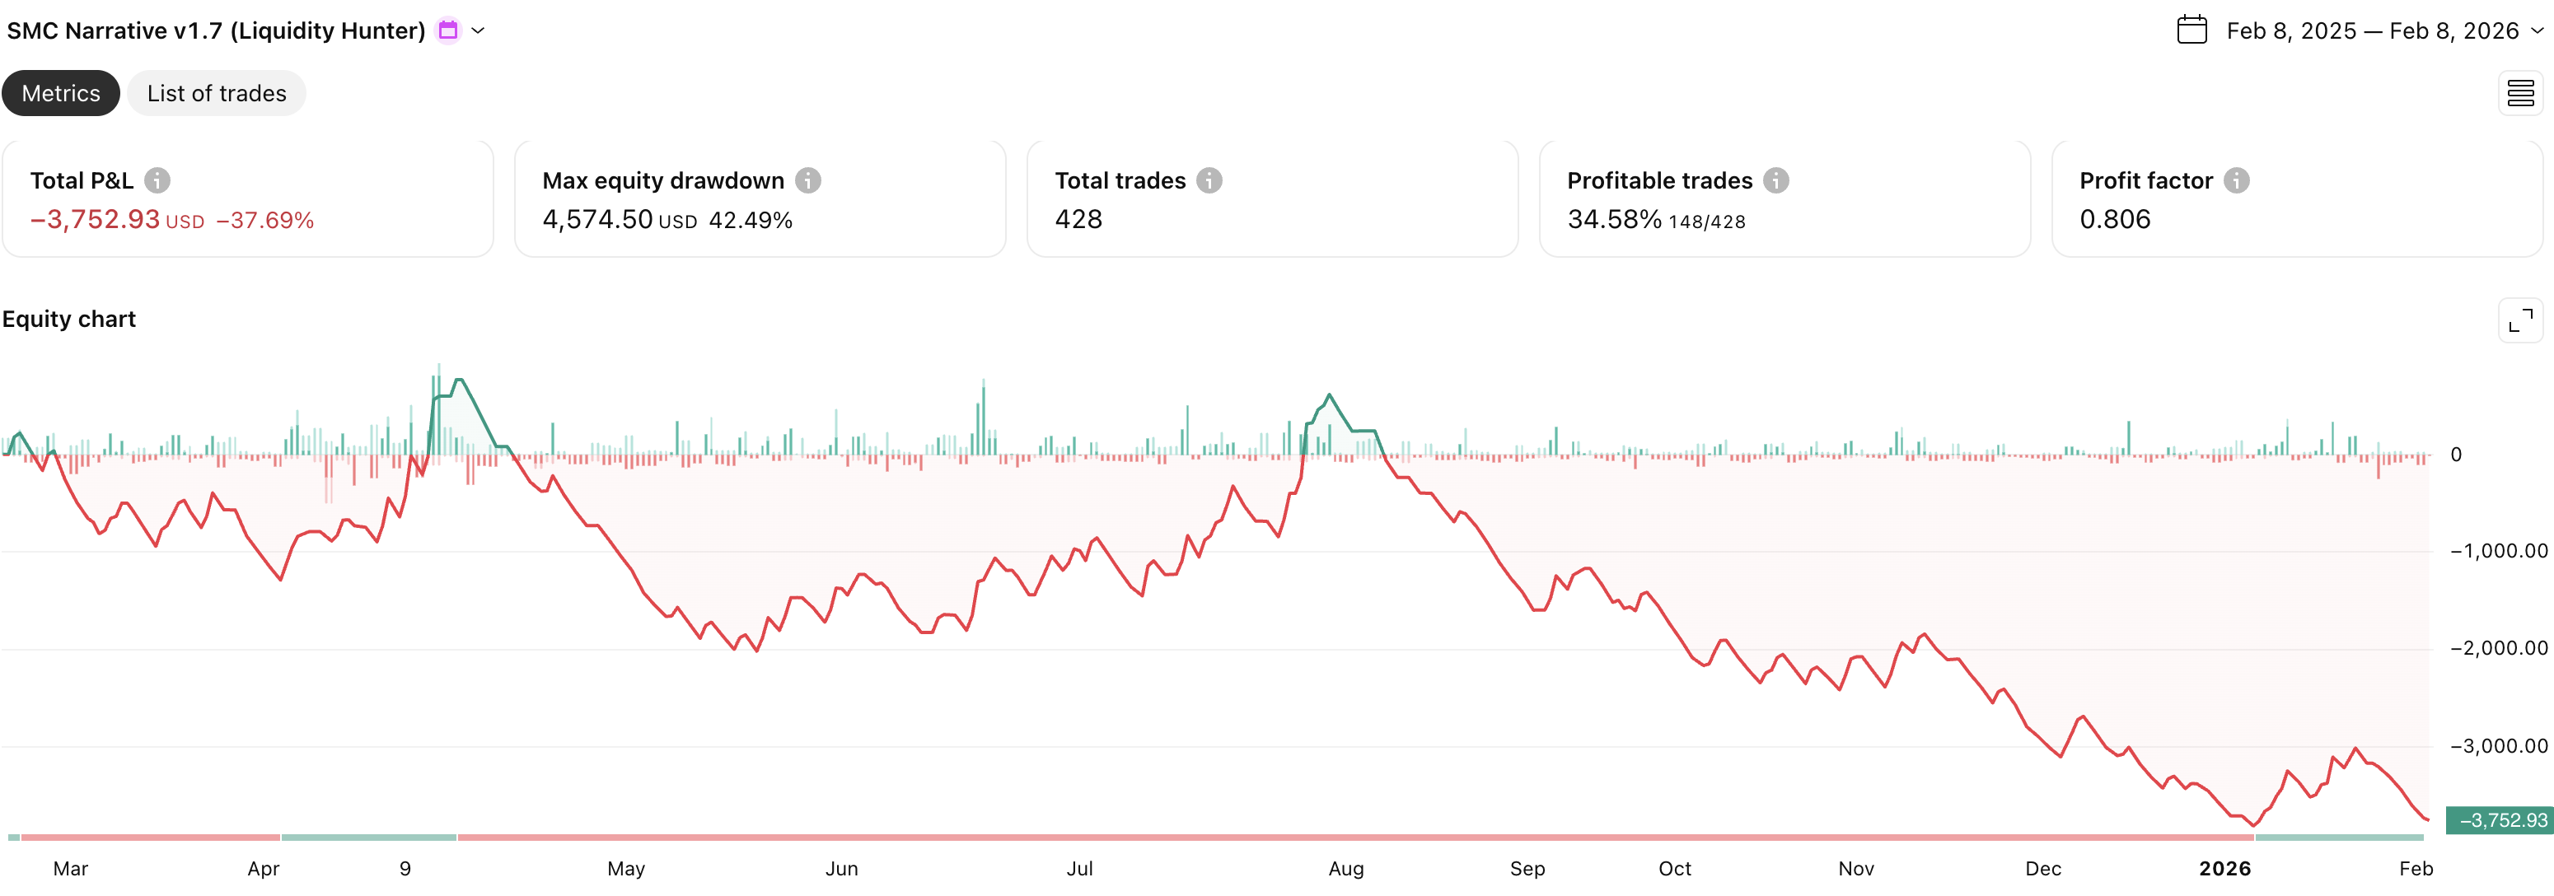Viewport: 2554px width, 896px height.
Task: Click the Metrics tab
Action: coord(60,93)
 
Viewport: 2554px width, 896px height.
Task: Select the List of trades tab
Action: coord(216,93)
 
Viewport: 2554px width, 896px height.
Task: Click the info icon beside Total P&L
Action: coord(157,180)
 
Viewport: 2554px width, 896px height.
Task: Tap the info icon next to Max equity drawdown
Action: coord(808,180)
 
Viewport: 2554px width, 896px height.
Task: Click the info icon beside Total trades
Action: coord(1209,180)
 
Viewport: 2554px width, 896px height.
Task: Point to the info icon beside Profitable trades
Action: coord(1775,180)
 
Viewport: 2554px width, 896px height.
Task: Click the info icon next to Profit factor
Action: coord(2236,180)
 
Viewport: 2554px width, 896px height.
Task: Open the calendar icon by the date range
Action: coord(2191,30)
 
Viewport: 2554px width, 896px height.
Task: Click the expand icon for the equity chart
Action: coord(2519,320)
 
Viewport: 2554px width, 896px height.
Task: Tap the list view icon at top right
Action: coord(2519,93)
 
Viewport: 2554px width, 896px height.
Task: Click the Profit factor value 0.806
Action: coord(2115,219)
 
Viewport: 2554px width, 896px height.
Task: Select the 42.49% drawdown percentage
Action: coord(751,220)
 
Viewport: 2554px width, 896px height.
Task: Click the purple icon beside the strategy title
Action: coord(448,30)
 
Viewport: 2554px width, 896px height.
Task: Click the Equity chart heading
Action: coord(69,320)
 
